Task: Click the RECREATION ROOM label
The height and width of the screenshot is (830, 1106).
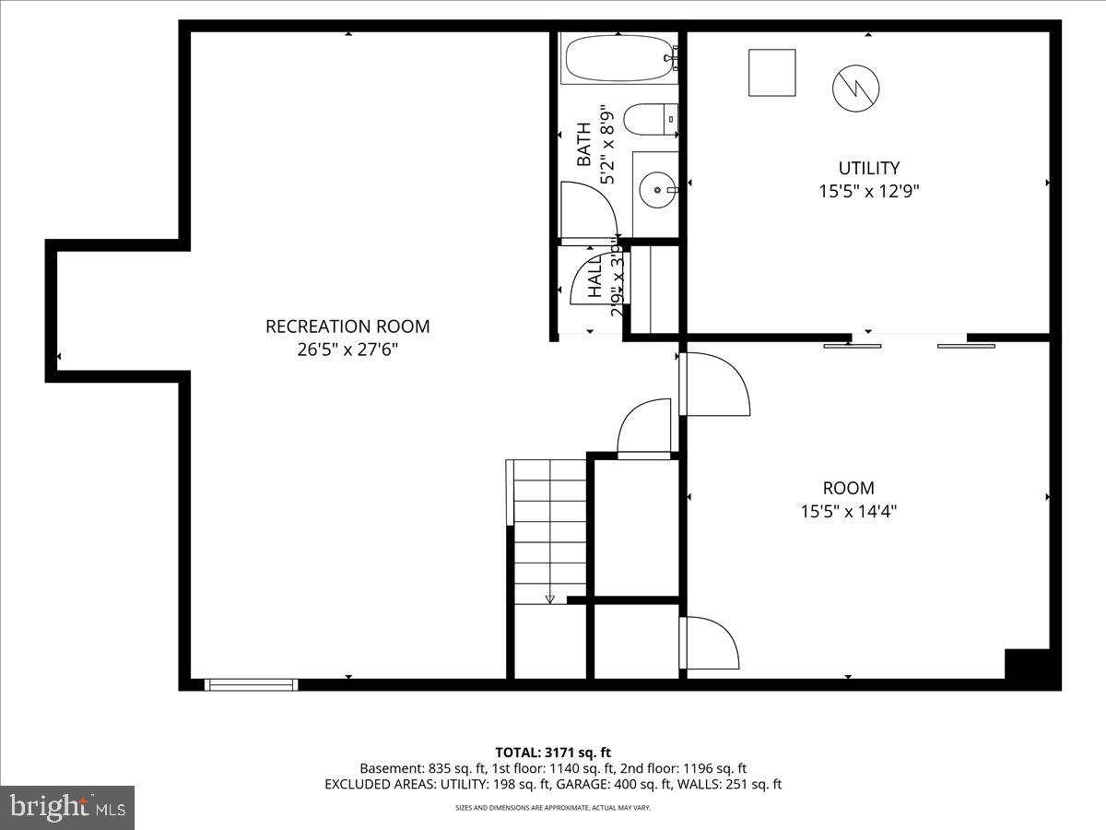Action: pos(347,326)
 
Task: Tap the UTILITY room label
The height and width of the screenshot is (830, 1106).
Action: pos(868,168)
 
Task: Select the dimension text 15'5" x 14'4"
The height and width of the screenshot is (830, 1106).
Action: pos(848,511)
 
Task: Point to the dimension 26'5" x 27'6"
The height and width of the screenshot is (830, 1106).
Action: pos(347,350)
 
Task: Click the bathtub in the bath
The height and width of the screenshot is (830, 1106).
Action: pos(618,59)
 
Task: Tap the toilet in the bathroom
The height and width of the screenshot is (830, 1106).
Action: pos(650,120)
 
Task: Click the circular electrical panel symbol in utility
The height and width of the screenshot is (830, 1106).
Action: pos(855,89)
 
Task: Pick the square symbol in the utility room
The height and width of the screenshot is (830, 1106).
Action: pos(771,73)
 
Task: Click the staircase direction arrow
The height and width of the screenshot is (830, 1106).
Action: pos(550,599)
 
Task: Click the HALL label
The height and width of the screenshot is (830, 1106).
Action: pos(595,275)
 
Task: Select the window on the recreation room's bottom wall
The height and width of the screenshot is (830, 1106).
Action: pos(252,683)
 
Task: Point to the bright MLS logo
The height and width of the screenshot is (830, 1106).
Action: pos(67,808)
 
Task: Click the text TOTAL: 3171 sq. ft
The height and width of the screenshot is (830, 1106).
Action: pos(553,753)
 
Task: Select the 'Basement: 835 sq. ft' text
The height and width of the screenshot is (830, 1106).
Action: pos(418,768)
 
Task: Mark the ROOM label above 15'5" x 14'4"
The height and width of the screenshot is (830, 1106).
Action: pos(848,488)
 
